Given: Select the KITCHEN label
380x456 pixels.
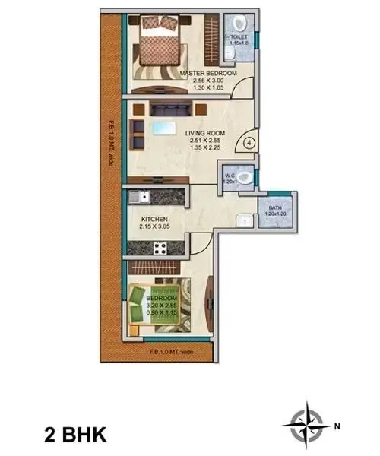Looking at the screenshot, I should pos(153,218).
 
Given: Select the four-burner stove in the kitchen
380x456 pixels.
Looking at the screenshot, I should pos(160,247).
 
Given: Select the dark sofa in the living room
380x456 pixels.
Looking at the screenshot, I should pos(163,107).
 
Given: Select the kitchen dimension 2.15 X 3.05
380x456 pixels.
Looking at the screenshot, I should pos(155,226).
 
